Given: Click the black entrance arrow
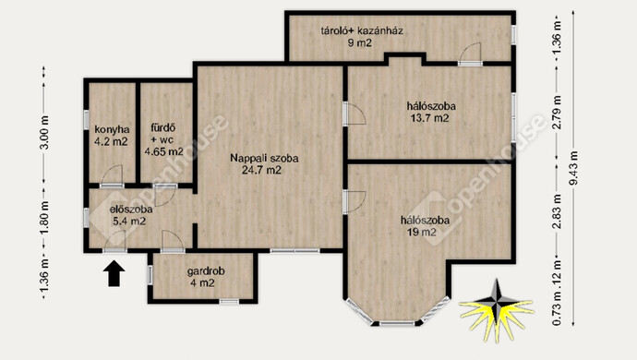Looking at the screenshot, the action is pos(114,273).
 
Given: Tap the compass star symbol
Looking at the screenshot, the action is pos(496,309).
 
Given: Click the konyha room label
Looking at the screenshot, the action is pos(112,129).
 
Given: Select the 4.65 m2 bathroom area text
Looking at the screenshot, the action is pos(164,152).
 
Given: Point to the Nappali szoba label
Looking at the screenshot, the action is pos(264,158).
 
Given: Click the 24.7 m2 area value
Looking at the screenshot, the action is pos(261,170).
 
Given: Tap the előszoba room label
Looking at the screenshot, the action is pos(131,210).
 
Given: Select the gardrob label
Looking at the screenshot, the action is pos(206,271).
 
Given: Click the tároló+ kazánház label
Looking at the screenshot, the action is pos(362,30).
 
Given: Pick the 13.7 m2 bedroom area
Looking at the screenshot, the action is pos(430,118).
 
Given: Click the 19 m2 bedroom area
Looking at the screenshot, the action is pos(422,233).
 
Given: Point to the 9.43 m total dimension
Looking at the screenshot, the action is pos(573,168).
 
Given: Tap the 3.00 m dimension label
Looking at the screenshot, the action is pos(44,132).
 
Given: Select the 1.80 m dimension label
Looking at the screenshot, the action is pos(44,217).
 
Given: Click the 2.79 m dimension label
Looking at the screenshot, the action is pos(558,113).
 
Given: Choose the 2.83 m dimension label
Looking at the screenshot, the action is pos(558,211).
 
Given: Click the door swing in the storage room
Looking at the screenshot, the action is pos(471,52).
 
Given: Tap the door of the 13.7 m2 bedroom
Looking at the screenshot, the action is pos(355,114).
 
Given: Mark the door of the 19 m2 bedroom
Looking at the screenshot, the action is pos(355,202).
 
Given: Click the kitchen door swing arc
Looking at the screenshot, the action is pos(112,175).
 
